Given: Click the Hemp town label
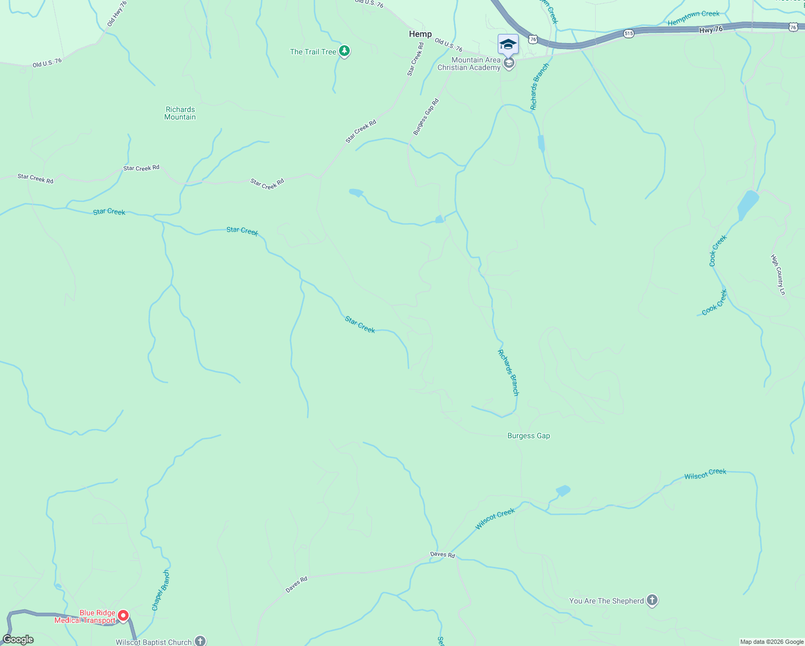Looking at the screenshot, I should pyautogui.click(x=420, y=34).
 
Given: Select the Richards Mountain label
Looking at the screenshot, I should pyautogui.click(x=180, y=113).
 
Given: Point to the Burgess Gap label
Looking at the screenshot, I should pyautogui.click(x=528, y=436).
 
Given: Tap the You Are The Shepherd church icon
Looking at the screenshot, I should pyautogui.click(x=652, y=600).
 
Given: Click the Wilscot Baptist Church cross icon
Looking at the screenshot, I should pyautogui.click(x=200, y=641).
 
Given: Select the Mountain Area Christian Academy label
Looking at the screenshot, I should pyautogui.click(x=469, y=64).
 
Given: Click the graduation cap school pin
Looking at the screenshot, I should pyautogui.click(x=508, y=44).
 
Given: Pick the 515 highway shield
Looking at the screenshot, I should pyautogui.click(x=629, y=33).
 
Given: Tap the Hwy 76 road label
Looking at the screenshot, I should pyautogui.click(x=711, y=30).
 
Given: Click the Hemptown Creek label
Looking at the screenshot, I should pyautogui.click(x=694, y=18).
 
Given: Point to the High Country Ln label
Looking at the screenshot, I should pyautogui.click(x=779, y=275).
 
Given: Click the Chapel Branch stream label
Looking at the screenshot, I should pyautogui.click(x=160, y=590).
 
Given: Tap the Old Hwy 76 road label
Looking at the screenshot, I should pyautogui.click(x=117, y=14).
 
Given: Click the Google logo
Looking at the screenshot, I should pyautogui.click(x=18, y=640).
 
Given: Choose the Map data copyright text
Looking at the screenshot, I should pyautogui.click(x=772, y=642).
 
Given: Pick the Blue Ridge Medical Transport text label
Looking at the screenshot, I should pyautogui.click(x=85, y=616).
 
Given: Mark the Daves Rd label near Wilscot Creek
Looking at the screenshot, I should pyautogui.click(x=442, y=554).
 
